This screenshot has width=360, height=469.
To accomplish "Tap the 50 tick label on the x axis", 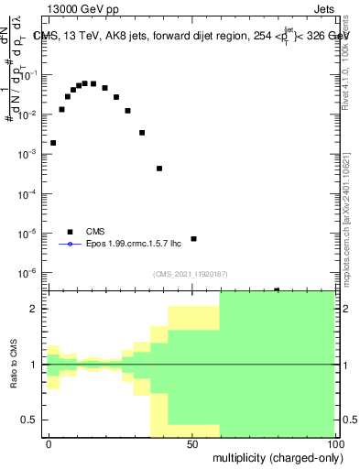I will click(192, 443).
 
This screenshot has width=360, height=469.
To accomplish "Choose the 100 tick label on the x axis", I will click(335, 443).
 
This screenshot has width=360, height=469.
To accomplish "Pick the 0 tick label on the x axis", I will click(49, 443).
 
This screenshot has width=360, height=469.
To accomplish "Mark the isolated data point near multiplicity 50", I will click(193, 239).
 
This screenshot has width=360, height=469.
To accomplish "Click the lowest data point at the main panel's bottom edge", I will click(277, 289).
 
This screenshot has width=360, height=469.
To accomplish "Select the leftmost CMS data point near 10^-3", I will click(53, 143).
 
